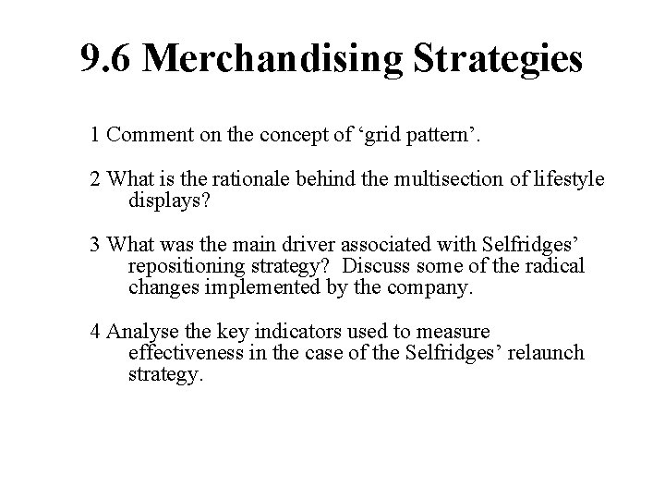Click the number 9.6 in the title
point(107,58)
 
